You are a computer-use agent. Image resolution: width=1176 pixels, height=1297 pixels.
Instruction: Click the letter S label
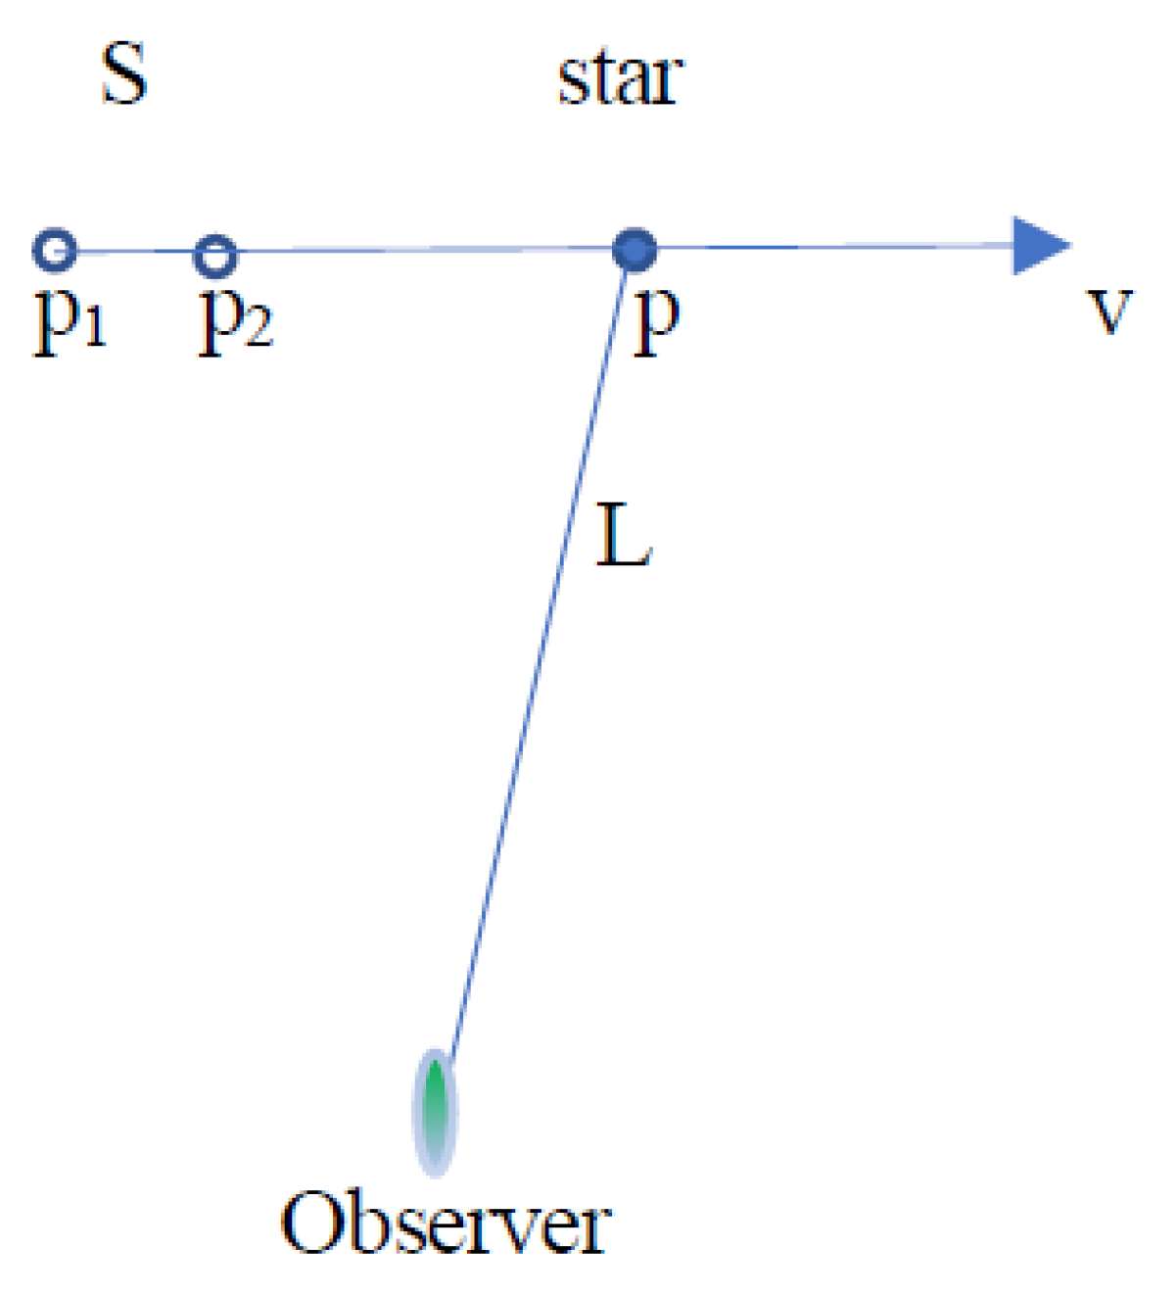tap(124, 74)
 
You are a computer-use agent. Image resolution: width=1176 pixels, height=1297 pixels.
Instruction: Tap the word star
tap(619, 78)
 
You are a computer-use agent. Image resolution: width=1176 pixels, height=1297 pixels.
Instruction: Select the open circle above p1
tap(55, 251)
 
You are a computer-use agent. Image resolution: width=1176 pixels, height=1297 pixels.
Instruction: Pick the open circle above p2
tap(214, 256)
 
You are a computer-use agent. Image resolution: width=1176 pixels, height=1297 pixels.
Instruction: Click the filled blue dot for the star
tap(635, 250)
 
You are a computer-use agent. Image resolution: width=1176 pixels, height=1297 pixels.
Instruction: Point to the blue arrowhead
tap(1039, 245)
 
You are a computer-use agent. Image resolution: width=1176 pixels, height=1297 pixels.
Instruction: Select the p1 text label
tap(69, 320)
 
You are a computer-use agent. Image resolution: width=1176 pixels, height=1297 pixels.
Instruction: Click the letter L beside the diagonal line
tap(624, 536)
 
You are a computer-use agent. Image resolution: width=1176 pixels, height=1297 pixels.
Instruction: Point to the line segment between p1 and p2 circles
tap(134, 253)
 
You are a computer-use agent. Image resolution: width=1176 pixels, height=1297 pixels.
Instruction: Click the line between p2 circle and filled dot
tap(421, 251)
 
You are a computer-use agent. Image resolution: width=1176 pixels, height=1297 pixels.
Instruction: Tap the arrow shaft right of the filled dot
tap(832, 247)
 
